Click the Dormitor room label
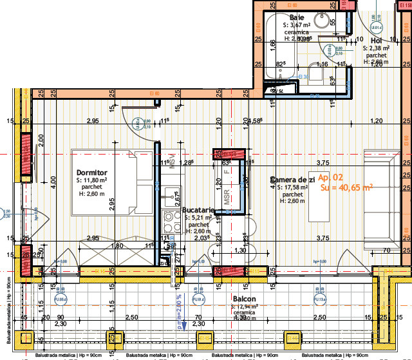pos(91,173)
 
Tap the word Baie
pos(297,17)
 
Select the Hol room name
pos(376,41)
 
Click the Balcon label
pos(245,299)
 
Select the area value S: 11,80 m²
pos(92,181)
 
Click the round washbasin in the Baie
pos(322,19)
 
